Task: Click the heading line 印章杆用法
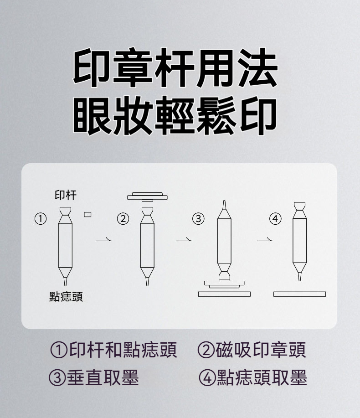pos(175,68)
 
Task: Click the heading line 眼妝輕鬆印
pos(175,115)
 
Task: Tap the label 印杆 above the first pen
pos(66,195)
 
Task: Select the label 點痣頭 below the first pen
pos(66,296)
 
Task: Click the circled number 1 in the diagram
pos(41,219)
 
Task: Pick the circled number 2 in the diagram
pos(123,219)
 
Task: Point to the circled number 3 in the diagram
pos(198,219)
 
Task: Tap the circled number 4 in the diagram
pos(275,219)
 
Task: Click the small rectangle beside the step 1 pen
pos(87,214)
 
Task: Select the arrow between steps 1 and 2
pos(103,240)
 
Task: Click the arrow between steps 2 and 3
pos(184,240)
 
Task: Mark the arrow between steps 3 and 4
pos(265,240)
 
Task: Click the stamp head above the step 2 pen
pos(147,197)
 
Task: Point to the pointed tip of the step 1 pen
pos(65,285)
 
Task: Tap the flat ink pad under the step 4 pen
pos(299,294)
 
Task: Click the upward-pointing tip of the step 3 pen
pos(224,202)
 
